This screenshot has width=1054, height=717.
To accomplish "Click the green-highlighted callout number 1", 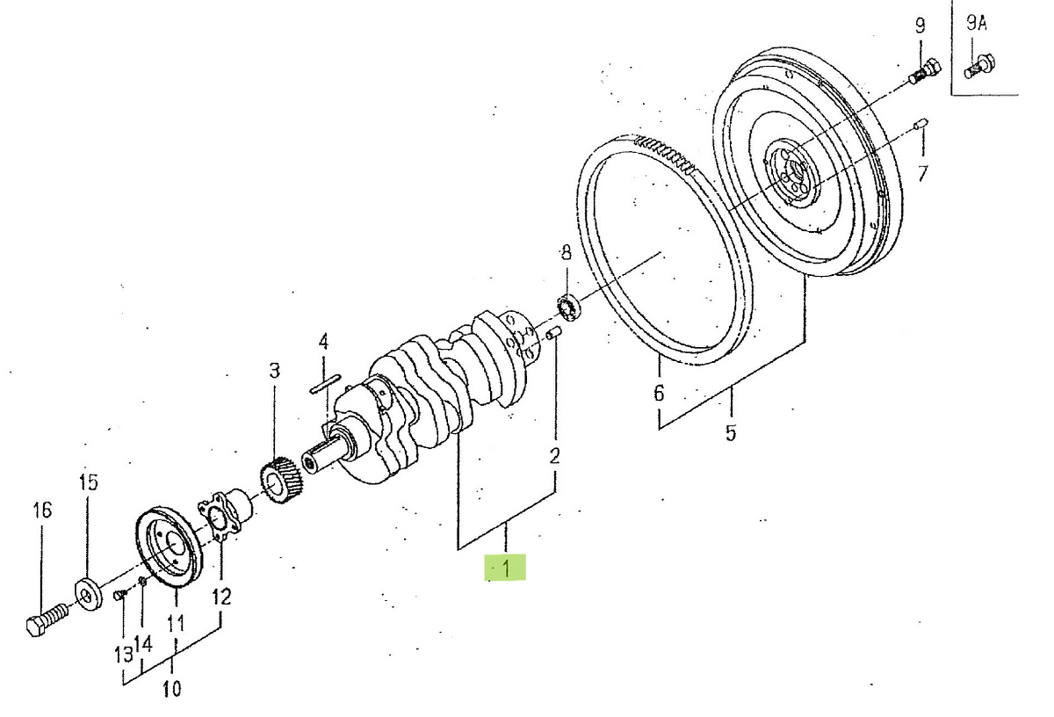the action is pos(506,568).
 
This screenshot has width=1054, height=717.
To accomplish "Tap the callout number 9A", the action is pos(977,24).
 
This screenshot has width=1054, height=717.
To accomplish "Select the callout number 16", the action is pos(42,510).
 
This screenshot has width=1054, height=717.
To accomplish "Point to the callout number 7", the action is pos(923,174).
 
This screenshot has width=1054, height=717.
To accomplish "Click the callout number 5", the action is pos(730,432).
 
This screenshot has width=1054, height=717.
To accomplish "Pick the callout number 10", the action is pos(172,689).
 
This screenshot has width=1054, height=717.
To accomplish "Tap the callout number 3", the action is pos(275,371).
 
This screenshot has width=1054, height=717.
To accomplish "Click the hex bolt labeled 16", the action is pos(48,619).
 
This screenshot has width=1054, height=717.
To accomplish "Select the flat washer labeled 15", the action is pos(89,596).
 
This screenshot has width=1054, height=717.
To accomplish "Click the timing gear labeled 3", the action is pos(282,481).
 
